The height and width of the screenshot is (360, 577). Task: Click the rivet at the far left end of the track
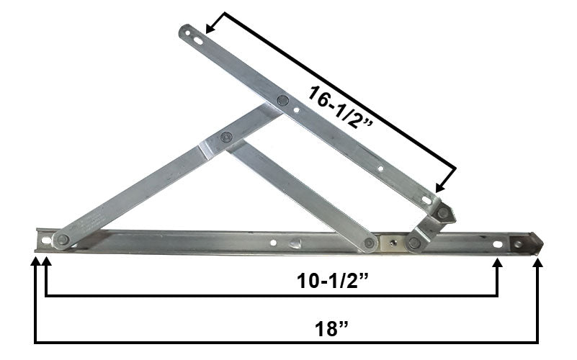pyautogui.click(x=63, y=240)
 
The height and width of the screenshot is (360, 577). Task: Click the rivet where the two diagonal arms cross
pyautogui.click(x=228, y=137)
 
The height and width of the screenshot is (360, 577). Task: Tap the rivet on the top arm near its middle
pyautogui.click(x=282, y=101)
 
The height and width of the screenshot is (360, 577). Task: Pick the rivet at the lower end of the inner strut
pyautogui.click(x=370, y=243)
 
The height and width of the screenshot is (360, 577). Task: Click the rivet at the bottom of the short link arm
pyautogui.click(x=413, y=243)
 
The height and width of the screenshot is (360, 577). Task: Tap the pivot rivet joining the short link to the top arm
pyautogui.click(x=444, y=212)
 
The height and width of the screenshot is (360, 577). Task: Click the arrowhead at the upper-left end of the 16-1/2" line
pyautogui.click(x=210, y=30)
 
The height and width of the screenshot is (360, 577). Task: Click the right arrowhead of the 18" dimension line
pyautogui.click(x=537, y=261)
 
